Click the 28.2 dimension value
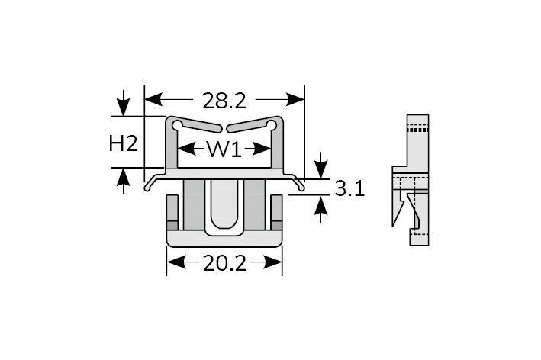[224, 101]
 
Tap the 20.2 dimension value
[224, 264]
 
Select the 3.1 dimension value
[349, 189]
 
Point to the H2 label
[123, 143]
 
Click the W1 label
[224, 149]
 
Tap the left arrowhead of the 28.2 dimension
[153, 100]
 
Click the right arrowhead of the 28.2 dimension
[296, 100]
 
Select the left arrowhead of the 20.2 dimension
[175, 262]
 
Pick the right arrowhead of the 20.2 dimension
[274, 262]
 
